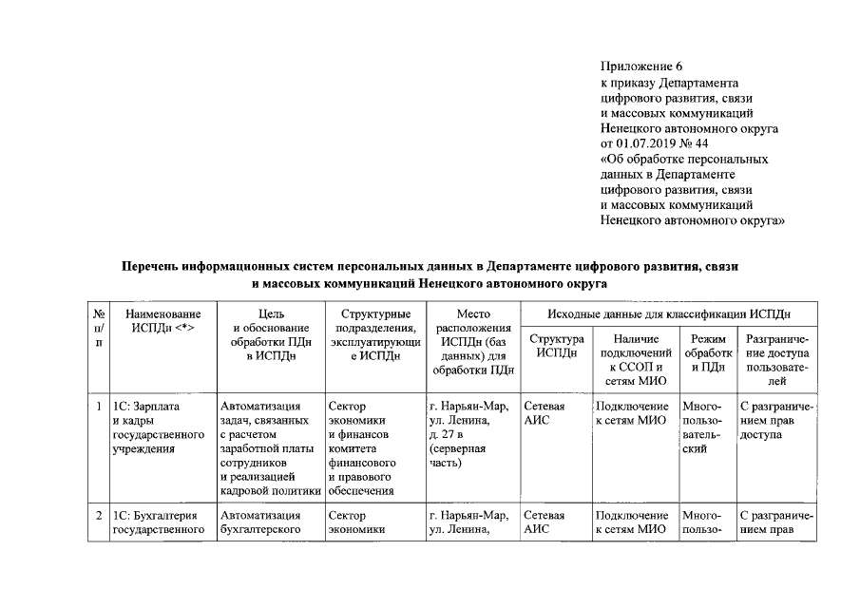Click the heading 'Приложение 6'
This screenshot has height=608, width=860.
641,66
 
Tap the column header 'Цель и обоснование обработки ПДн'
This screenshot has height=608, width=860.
270,333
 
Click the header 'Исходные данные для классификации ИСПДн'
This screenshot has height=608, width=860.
669,313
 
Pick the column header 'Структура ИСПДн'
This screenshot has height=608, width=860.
555,346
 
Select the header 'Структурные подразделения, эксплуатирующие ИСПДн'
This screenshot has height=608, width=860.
373,333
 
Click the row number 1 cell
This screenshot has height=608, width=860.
99,408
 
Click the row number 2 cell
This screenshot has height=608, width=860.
99,516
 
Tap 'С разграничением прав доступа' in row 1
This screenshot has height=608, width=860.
775,421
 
